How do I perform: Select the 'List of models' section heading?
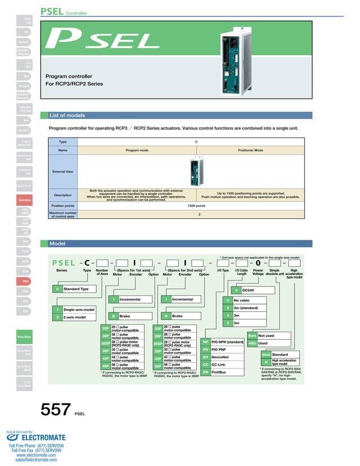[x=68, y=115]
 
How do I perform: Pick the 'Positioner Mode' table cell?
[x=251, y=151]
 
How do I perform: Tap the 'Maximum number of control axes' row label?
[x=63, y=214]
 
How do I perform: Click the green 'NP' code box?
[x=205, y=342]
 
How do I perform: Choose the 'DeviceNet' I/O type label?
[x=221, y=357]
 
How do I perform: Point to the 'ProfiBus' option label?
[x=219, y=372]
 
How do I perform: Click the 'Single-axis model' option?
[x=78, y=310]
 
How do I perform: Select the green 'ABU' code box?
[x=252, y=343]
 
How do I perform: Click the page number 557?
[x=55, y=410]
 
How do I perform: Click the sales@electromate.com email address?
[x=36, y=460]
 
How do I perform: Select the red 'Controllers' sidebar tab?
[x=25, y=200]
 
